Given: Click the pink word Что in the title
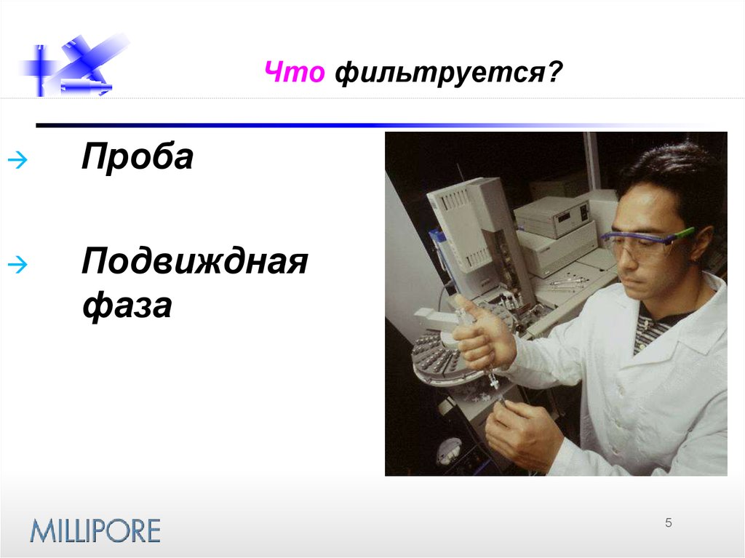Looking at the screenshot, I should [293, 74].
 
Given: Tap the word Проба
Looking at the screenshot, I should [138, 157].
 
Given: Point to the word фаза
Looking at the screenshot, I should [127, 306].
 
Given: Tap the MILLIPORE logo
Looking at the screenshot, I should [95, 530].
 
